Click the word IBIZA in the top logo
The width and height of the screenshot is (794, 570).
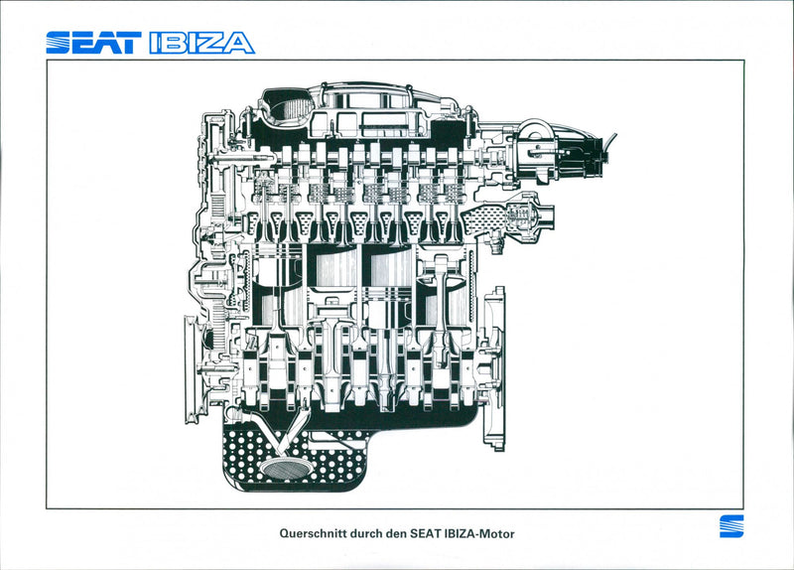click(x=201, y=43)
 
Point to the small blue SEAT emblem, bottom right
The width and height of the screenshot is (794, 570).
click(x=730, y=526)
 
